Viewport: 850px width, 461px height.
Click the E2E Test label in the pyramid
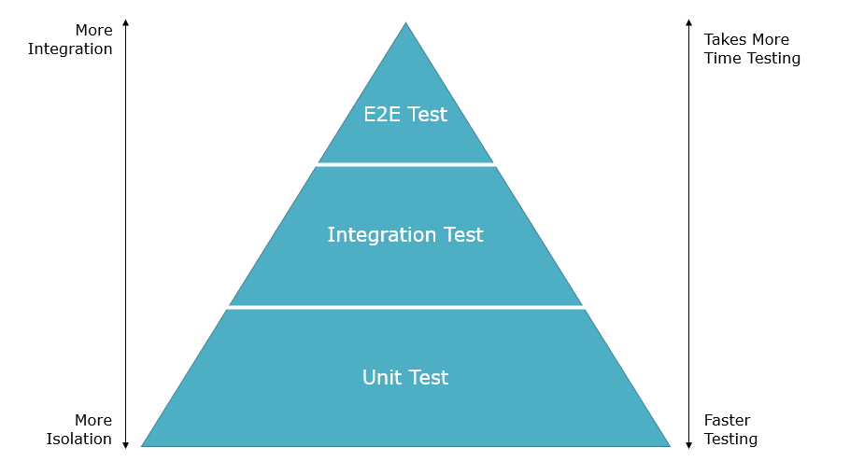pyautogui.click(x=405, y=114)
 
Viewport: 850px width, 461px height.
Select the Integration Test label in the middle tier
pyautogui.click(x=405, y=235)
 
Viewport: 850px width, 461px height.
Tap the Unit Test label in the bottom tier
pyautogui.click(x=405, y=378)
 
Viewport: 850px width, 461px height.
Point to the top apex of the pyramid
pyautogui.click(x=405, y=22)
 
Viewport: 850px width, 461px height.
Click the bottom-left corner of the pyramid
pyautogui.click(x=141, y=446)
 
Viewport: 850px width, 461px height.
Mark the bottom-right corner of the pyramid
pyautogui.click(x=670, y=446)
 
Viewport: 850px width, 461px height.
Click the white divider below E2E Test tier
pyautogui.click(x=405, y=164)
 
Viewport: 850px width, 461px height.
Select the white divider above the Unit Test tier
pyautogui.click(x=405, y=307)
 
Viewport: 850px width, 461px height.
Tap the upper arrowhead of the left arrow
pyautogui.click(x=126, y=22)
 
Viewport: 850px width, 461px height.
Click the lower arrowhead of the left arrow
pyautogui.click(x=126, y=445)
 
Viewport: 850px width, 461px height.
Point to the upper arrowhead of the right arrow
pyautogui.click(x=689, y=22)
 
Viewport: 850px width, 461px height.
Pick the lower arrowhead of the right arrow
pyautogui.click(x=689, y=445)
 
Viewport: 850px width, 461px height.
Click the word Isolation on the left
pyautogui.click(x=79, y=439)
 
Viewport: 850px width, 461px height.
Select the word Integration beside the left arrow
pyautogui.click(x=70, y=49)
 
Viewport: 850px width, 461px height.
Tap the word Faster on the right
pyautogui.click(x=727, y=420)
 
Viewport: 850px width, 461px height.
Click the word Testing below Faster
pyautogui.click(x=730, y=440)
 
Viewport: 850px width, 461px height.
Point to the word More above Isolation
pyautogui.click(x=93, y=420)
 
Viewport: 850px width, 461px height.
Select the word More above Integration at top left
pyautogui.click(x=93, y=31)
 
